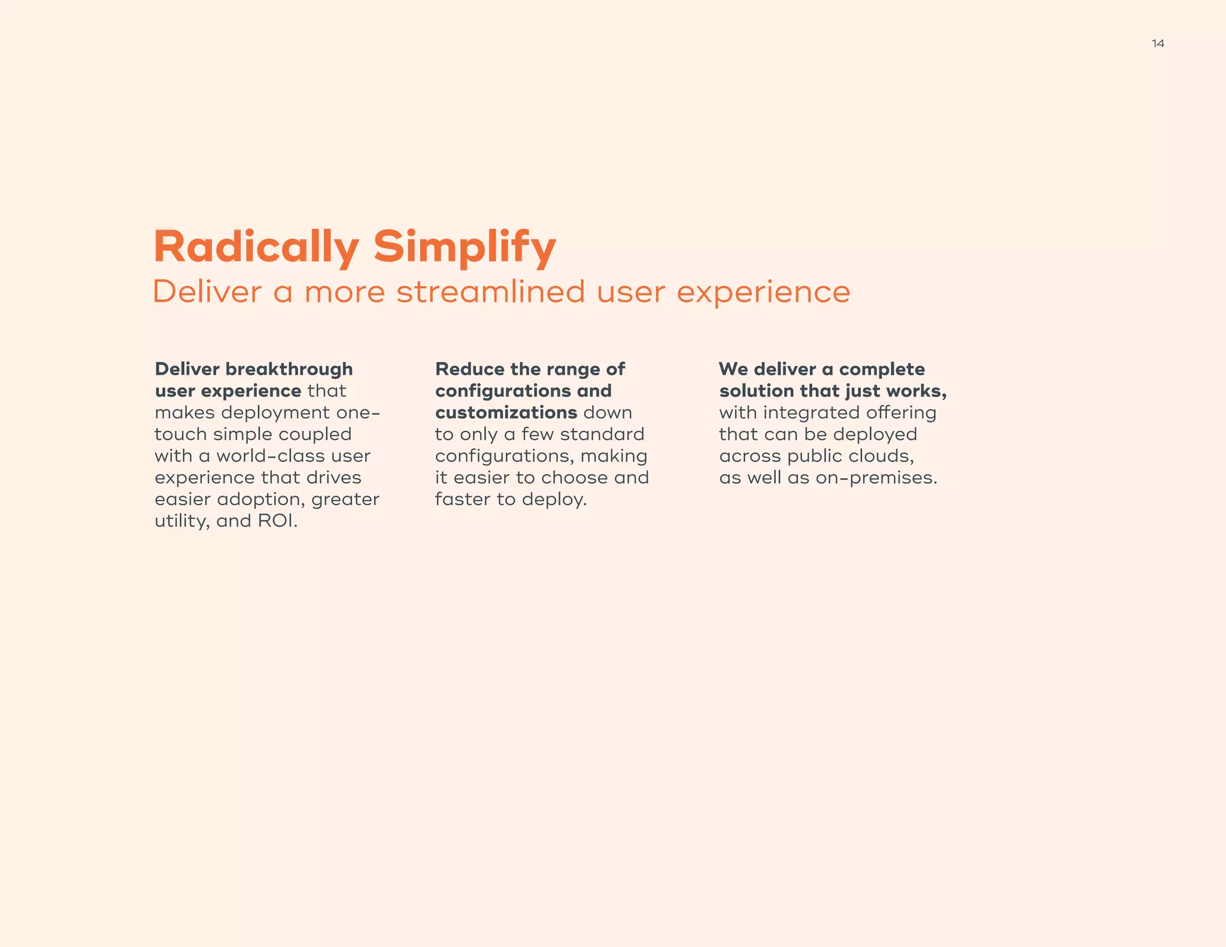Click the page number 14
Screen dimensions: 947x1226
pos(1158,43)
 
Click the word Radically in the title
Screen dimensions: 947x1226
pos(256,247)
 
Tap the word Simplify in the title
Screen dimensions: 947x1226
pos(465,247)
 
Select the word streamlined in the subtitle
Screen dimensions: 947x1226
pos(490,292)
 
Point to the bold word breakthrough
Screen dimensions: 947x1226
pos(289,369)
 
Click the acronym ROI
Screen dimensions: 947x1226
pos(277,521)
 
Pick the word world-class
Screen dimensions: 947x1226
pos(293,456)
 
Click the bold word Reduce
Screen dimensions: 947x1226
pos(470,369)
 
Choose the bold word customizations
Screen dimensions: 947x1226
pos(506,412)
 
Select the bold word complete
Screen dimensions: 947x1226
pos(882,369)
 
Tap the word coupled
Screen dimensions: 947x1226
pos(315,434)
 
